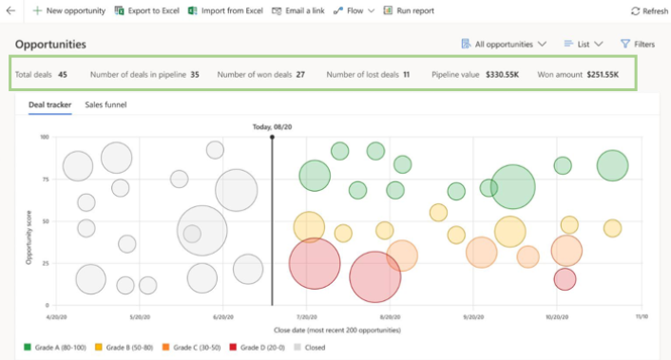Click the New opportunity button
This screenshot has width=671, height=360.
click(68, 10)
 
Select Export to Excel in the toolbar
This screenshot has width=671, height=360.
click(144, 10)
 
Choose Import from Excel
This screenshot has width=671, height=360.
click(225, 10)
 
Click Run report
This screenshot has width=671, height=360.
click(409, 10)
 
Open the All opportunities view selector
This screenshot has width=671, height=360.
click(503, 44)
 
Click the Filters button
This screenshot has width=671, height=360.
click(637, 44)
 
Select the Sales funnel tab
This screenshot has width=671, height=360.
click(105, 104)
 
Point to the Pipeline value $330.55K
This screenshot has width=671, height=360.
click(501, 74)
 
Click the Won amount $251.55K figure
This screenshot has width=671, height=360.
click(602, 74)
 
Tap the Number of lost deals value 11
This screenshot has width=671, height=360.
click(406, 74)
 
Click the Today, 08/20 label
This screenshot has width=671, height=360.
click(273, 126)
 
